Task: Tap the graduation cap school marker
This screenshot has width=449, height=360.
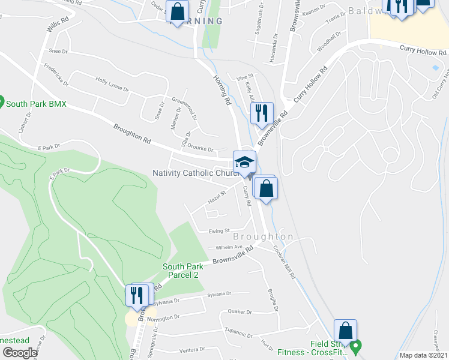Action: point(244,162)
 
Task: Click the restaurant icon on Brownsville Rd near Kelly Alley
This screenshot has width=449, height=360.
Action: point(262,113)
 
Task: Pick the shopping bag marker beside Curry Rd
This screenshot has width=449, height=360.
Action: point(265,187)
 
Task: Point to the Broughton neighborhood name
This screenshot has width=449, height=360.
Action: point(264,237)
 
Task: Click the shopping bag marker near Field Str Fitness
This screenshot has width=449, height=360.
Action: point(346,331)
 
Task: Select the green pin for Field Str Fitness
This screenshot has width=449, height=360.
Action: point(356,346)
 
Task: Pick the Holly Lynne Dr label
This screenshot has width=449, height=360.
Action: point(112,83)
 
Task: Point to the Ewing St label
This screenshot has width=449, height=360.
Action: point(219,230)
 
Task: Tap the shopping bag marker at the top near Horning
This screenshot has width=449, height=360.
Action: point(178,11)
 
